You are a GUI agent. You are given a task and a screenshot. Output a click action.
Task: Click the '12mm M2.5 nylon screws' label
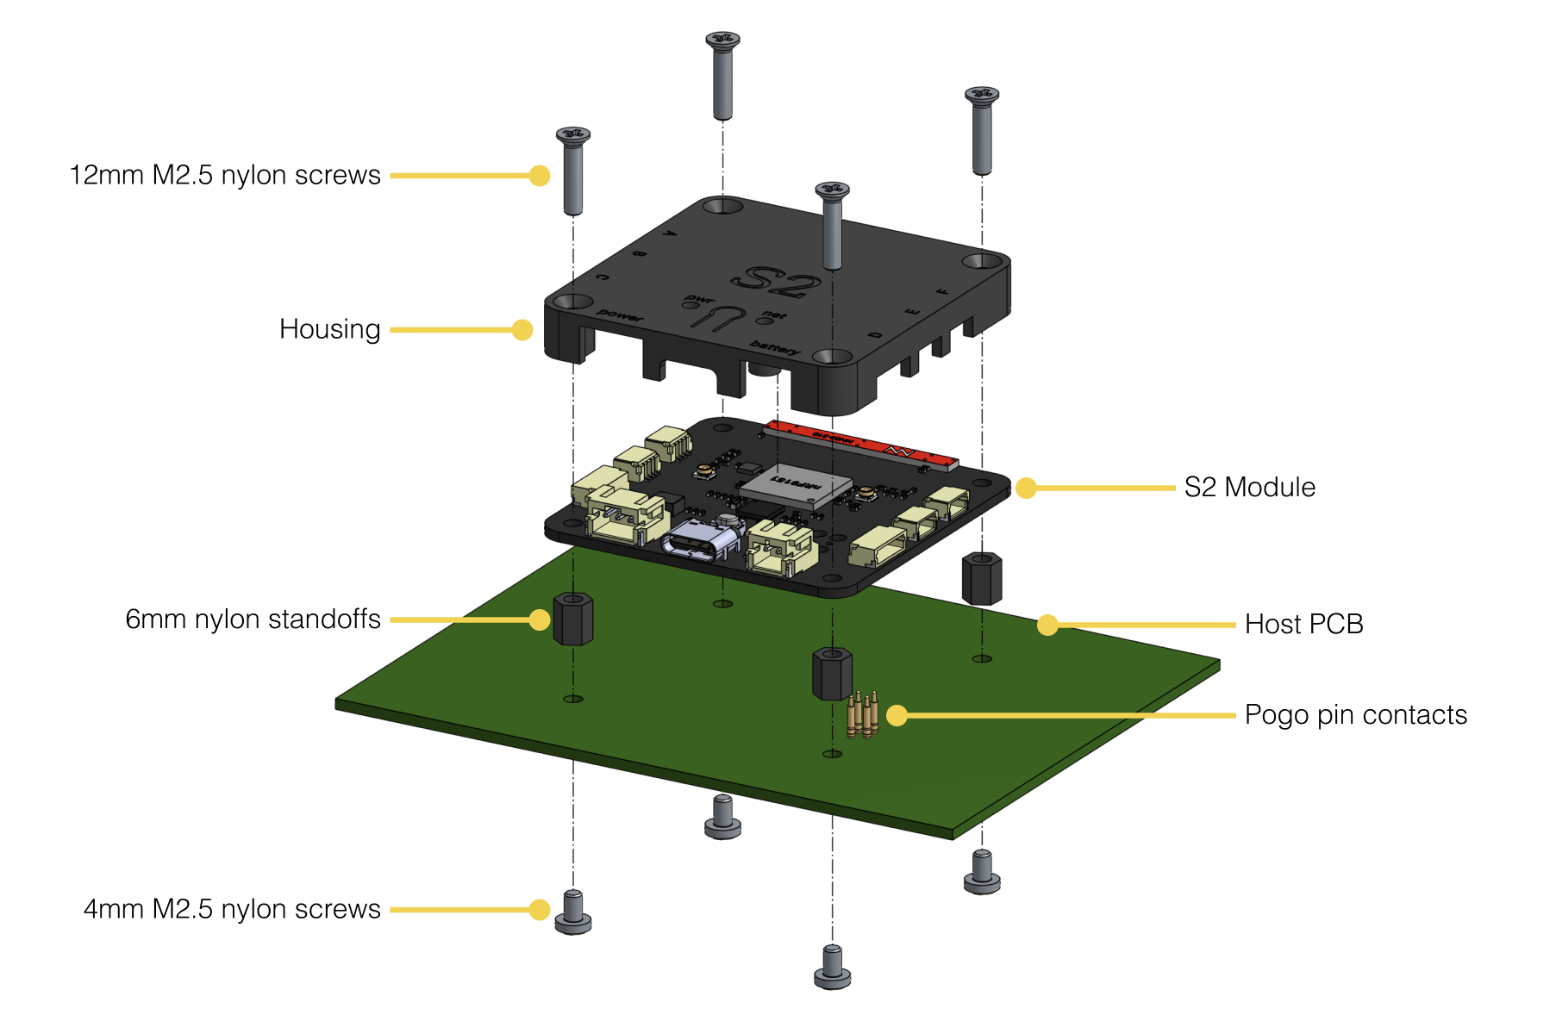pyautogui.click(x=224, y=175)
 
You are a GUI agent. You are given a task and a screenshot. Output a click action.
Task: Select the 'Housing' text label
pyautogui.click(x=329, y=329)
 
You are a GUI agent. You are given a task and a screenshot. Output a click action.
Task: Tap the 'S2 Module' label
pyautogui.click(x=1249, y=488)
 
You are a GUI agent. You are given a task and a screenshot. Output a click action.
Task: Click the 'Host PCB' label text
pyautogui.click(x=1303, y=625)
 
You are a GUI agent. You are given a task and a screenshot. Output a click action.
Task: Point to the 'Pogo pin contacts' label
pyautogui.click(x=1355, y=715)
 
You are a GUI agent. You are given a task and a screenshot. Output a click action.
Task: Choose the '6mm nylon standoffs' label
pyautogui.click(x=253, y=619)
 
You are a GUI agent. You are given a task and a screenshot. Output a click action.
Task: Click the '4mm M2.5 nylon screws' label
pyautogui.click(x=231, y=909)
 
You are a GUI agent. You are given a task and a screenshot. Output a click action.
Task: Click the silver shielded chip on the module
pyautogui.click(x=794, y=486)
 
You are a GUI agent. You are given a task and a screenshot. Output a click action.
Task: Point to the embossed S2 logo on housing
pyautogui.click(x=777, y=282)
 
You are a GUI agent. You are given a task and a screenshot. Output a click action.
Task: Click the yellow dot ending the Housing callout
pyautogui.click(x=522, y=329)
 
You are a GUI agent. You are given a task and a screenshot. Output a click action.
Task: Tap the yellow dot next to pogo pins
pyautogui.click(x=897, y=715)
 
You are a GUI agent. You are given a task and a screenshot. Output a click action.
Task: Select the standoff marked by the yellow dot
pyautogui.click(x=572, y=619)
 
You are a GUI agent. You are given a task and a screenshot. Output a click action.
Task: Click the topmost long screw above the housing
pyautogui.click(x=722, y=76)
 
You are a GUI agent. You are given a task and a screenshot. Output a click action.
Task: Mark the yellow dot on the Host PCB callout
pyautogui.click(x=1047, y=625)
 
